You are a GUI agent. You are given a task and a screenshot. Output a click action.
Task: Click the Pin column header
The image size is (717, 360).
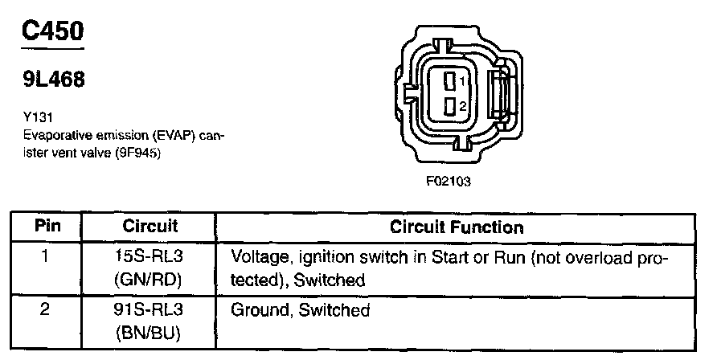coord(47,227)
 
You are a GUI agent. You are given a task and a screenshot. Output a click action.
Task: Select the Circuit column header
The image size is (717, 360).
coord(150,227)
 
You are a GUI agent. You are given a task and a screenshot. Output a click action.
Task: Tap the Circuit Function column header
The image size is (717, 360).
coord(456,227)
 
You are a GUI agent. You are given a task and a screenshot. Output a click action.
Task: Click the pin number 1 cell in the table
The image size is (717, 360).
coord(46,258)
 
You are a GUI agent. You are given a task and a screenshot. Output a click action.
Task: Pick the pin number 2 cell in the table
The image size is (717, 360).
coord(46,309)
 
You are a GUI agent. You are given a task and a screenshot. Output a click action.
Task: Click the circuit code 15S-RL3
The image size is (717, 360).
coord(150,258)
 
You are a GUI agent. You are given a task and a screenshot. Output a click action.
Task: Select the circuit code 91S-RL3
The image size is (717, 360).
coord(150,309)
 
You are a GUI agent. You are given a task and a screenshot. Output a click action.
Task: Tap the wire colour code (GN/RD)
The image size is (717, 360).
coord(150,280)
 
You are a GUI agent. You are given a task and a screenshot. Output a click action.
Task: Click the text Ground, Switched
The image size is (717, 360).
coord(300,310)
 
